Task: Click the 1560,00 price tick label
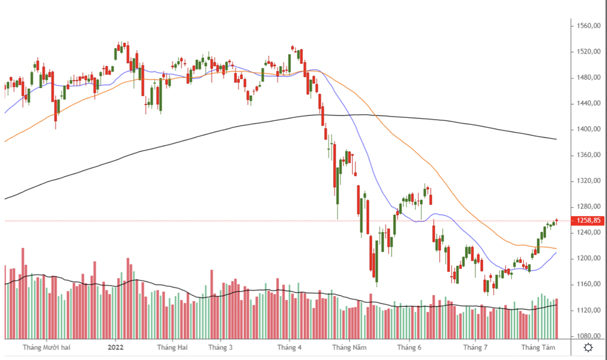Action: pos(587,26)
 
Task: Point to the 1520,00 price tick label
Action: pos(587,52)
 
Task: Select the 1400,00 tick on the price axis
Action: pos(587,129)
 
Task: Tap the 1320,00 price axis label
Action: pos(587,181)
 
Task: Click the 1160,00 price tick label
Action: pos(587,284)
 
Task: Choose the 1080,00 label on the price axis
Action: pos(587,336)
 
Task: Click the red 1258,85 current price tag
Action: pos(587,221)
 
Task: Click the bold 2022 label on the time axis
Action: pos(115,348)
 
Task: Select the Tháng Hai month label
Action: pos(172,348)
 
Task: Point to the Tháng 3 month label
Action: pos(221,348)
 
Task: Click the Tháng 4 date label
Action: pos(290,348)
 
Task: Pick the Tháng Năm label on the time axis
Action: pos(349,348)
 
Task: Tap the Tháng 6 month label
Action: pos(409,348)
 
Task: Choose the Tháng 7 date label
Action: pos(475,348)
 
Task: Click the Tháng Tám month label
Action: pos(537,348)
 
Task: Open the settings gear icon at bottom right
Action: pos(588,348)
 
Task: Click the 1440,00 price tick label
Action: pos(587,104)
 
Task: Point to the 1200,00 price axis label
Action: pos(587,258)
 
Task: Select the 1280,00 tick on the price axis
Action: pos(587,206)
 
